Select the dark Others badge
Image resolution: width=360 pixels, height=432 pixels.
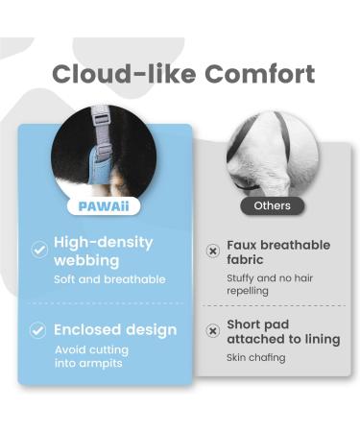click(272, 205)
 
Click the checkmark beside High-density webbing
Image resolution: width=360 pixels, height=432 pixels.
click(39, 250)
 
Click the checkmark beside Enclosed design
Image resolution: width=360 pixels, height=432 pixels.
click(39, 329)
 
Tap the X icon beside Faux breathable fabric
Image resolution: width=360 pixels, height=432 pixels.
click(213, 252)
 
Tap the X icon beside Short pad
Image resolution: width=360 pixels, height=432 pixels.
click(213, 331)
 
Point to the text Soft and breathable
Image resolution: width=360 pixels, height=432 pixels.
click(108, 279)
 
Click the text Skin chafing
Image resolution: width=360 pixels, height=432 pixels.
click(255, 358)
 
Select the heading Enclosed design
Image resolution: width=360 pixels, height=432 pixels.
click(115, 329)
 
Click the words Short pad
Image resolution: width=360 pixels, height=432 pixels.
click(259, 324)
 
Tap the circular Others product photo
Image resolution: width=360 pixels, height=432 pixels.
click(272, 154)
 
